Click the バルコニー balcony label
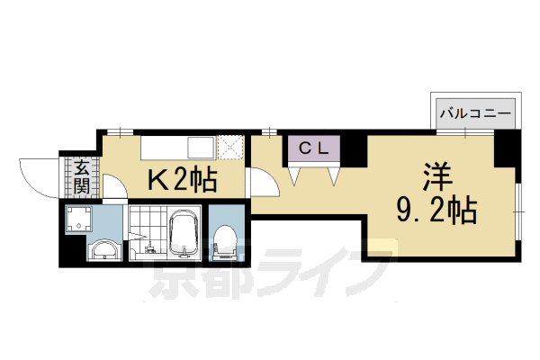(475, 113)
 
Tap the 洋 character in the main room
(437, 173)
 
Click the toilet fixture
(224, 238)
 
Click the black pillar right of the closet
(355, 148)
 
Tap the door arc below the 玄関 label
(115, 191)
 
